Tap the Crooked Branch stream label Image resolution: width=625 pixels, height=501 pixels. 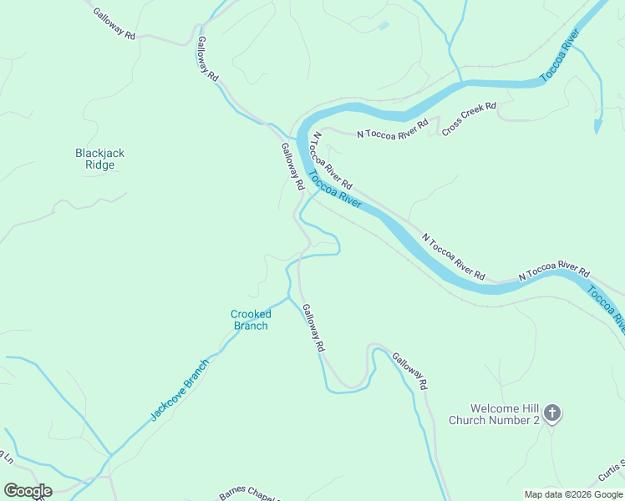point(250,320)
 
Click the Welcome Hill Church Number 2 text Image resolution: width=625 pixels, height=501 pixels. point(494,414)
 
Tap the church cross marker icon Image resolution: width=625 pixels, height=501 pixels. point(551,412)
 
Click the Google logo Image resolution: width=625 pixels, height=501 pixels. point(28,491)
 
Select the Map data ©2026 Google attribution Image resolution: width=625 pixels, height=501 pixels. point(573,494)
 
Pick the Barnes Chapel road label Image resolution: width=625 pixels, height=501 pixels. point(248,495)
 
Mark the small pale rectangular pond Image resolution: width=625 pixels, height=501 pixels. point(384,26)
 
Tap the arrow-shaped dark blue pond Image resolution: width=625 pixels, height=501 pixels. point(597,125)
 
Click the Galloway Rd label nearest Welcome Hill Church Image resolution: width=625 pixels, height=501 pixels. point(409,370)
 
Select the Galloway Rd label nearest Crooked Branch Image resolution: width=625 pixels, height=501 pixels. point(312,326)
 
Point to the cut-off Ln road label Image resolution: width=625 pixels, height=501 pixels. point(8,457)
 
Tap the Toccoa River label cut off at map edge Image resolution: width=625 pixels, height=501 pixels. point(607,308)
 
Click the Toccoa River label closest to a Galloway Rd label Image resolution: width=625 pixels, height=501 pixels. point(334,190)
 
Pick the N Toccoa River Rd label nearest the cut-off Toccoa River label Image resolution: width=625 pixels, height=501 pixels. point(553,271)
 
